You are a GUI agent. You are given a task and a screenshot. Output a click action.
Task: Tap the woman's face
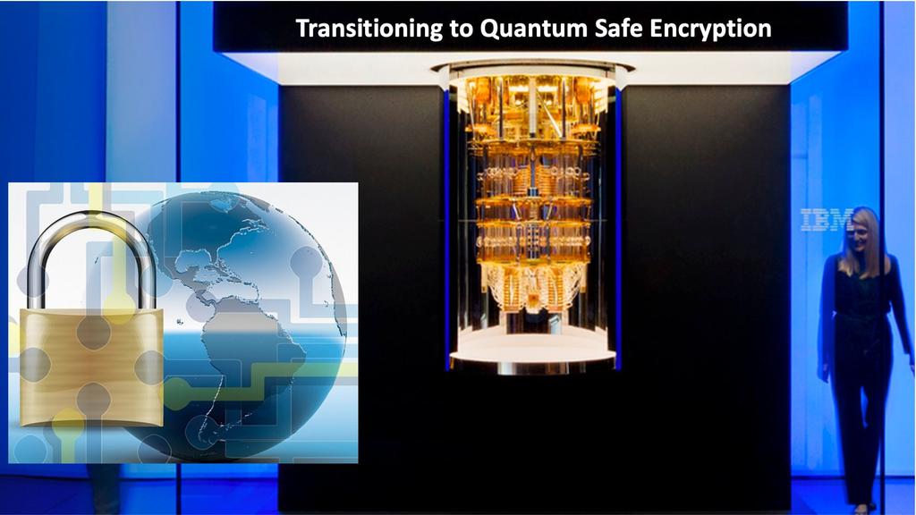tap(860, 234)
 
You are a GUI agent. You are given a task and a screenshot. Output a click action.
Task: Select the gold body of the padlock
tap(92, 367)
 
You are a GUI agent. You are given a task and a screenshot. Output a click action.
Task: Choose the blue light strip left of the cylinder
tap(447, 228)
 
